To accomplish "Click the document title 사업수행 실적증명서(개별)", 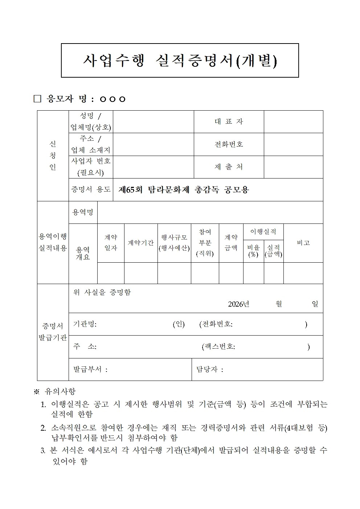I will coord(180,61).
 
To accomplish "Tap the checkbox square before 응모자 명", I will coord(37,99).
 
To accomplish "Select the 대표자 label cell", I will coord(229,122).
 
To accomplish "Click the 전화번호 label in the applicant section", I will coord(229,144).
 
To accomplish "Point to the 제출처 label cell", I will coord(229,167).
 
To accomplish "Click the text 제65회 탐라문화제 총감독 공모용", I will coord(184,190).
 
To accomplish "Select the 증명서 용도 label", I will coord(91,189).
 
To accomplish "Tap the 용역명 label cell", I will coord(83,213).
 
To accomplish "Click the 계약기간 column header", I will coord(140,243).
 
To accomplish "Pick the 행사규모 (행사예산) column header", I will coord(174,243).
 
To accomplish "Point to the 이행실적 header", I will coord(263,231).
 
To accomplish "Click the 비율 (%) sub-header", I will coord(253,251).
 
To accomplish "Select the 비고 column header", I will coord(303,243).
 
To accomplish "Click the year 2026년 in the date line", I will coord(238,304).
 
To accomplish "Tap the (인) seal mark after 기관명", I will coord(179,324).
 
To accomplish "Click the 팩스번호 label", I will coord(218,347).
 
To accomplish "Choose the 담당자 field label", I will coord(209,370).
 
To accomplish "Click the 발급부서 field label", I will coord(90,370).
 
